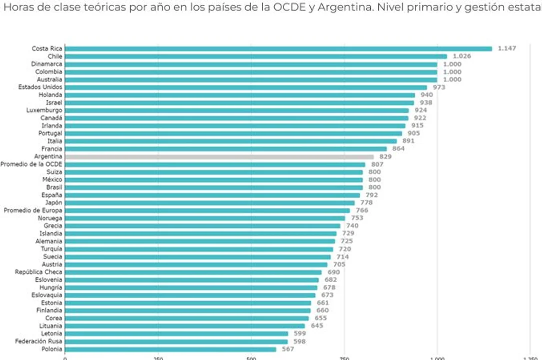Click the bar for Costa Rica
click(x=278, y=48)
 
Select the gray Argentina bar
click(x=219, y=156)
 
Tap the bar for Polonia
click(x=170, y=349)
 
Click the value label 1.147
click(x=506, y=48)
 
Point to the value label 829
click(x=385, y=156)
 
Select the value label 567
click(x=288, y=349)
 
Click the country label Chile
click(x=55, y=56)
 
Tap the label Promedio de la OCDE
click(x=32, y=164)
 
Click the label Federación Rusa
click(x=39, y=341)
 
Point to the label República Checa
click(x=39, y=272)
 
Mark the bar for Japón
click(x=209, y=202)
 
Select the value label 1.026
click(x=461, y=56)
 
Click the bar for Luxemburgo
click(x=236, y=110)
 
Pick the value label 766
click(x=361, y=210)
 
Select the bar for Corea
click(x=186, y=318)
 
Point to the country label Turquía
click(x=52, y=249)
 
